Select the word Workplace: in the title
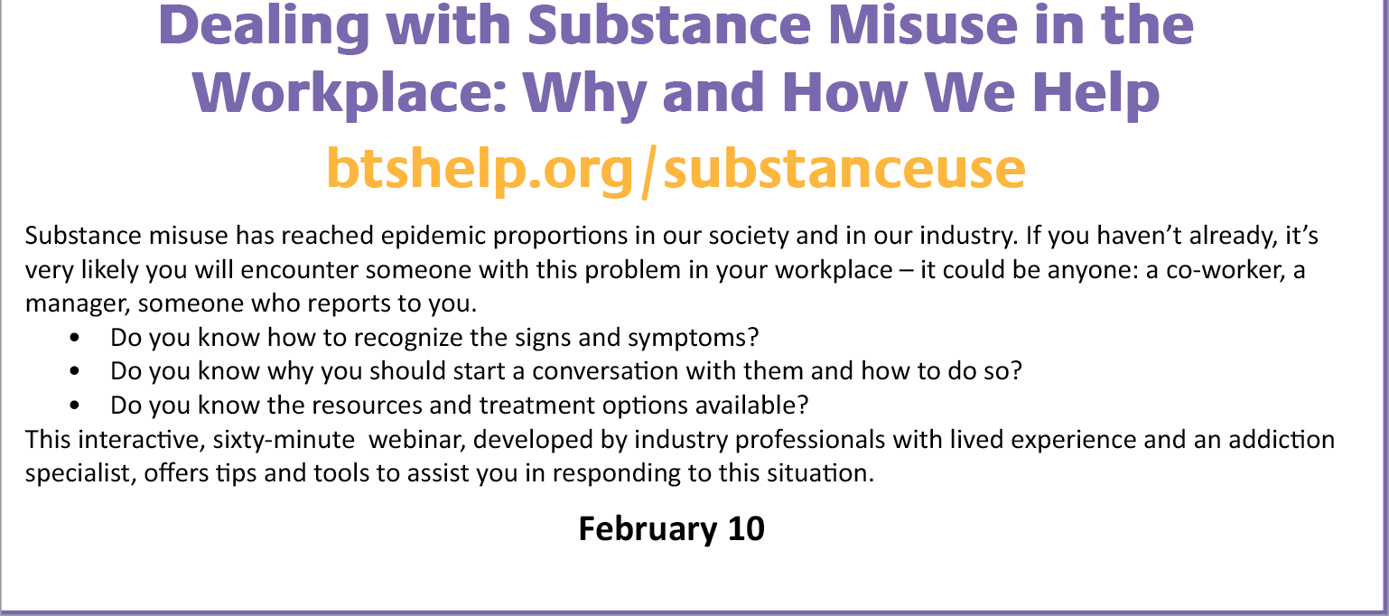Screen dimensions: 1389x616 coord(350,93)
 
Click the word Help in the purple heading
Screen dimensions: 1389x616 coord(1095,93)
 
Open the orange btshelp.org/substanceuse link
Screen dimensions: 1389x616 coord(676,169)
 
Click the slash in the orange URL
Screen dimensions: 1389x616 coord(648,171)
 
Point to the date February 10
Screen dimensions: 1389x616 coord(672,529)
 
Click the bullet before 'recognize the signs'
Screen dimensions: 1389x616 coord(75,338)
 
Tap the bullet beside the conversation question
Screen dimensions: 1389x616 coord(75,371)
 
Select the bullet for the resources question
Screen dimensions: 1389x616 coord(75,406)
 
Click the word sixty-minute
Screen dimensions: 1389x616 coord(284,440)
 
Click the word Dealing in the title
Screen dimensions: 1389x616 coord(264,27)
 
